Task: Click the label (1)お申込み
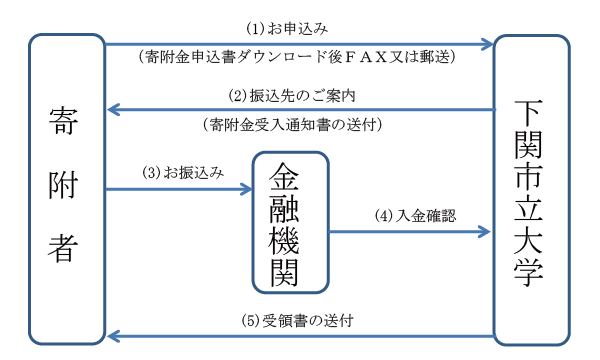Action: [x=287, y=29]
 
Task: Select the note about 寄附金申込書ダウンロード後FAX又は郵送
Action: [x=297, y=57]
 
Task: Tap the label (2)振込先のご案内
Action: [x=292, y=95]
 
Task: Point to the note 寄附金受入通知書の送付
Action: [x=292, y=125]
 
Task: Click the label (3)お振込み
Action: [x=183, y=173]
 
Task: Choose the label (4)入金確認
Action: [x=416, y=216]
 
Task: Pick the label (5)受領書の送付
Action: [x=297, y=321]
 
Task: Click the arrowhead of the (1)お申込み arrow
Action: [x=488, y=44]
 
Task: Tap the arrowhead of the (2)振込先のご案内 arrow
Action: [x=114, y=110]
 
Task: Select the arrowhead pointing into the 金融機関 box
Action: [x=246, y=189]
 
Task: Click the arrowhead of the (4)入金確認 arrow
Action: [x=484, y=231]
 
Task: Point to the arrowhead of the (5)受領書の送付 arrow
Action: [x=114, y=336]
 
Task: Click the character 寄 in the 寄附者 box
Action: [x=63, y=121]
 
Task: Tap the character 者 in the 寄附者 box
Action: [x=63, y=248]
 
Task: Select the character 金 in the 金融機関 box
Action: [x=284, y=176]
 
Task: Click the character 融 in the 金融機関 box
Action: [x=284, y=209]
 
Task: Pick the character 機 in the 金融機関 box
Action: [x=284, y=240]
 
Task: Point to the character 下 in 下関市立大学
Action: [x=528, y=113]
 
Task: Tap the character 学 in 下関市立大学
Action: [x=528, y=272]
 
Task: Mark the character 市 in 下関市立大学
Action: [x=528, y=177]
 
